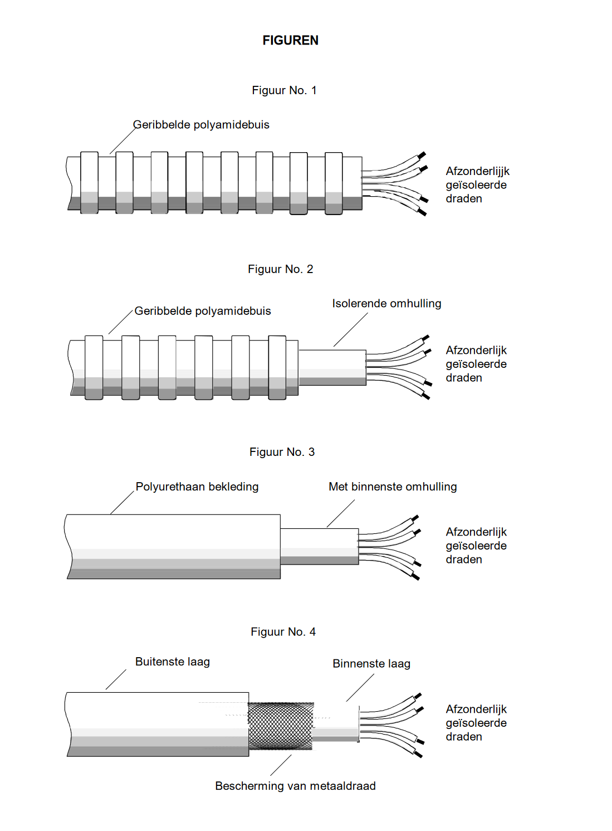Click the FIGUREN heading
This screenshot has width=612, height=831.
[x=290, y=40]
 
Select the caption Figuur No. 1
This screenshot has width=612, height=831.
[x=284, y=90]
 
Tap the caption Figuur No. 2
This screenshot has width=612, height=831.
[x=280, y=269]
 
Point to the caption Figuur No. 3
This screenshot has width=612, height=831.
[x=282, y=452]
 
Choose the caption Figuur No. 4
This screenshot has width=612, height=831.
[x=283, y=631]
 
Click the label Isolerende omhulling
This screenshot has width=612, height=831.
[x=386, y=304]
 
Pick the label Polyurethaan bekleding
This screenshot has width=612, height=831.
[x=197, y=487]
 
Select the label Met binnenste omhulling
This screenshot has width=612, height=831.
[x=393, y=487]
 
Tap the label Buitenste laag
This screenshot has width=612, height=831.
[x=172, y=662]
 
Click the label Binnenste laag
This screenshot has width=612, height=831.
[x=371, y=664]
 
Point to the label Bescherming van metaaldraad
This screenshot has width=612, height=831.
[x=295, y=786]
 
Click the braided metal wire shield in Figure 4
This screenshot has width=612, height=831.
[x=281, y=725]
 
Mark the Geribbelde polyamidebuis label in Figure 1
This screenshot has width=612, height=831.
[x=201, y=125]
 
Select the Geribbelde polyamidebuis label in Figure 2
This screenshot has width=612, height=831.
[x=203, y=311]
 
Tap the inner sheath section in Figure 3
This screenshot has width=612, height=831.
[x=319, y=546]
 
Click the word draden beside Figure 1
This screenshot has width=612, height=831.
[x=464, y=199]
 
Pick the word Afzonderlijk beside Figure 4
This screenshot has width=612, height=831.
[x=476, y=709]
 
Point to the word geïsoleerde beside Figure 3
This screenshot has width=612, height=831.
[x=476, y=546]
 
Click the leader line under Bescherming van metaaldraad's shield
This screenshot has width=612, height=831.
[x=281, y=765]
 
